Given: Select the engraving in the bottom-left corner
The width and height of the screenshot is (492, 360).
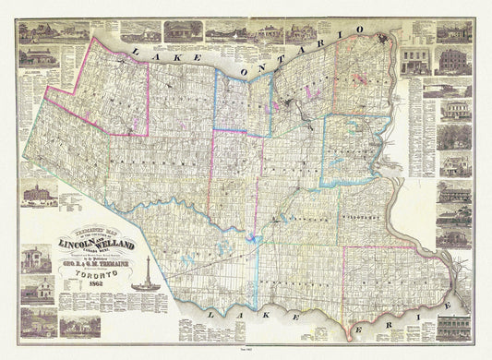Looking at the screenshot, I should tap(37, 322).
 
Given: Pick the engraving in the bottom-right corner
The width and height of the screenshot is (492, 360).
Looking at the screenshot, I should tap(454, 327).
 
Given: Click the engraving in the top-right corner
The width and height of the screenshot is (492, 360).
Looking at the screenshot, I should tap(454, 32).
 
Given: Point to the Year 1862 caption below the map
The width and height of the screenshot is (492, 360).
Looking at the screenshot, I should tap(246, 354).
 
